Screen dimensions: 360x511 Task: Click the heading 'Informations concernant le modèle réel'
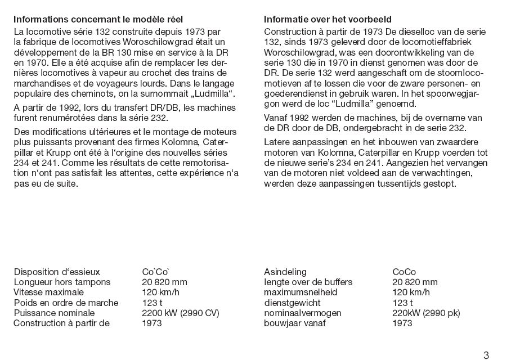coord(98,20)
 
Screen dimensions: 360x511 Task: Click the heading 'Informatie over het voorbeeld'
coord(328,20)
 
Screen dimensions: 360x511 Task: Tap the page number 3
coord(486,354)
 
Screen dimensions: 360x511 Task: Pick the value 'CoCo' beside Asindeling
coord(404,272)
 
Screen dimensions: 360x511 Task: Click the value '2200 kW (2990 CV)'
coord(181,313)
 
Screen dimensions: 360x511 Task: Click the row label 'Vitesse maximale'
coord(48,292)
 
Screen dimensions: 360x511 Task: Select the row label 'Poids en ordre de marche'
coord(66,303)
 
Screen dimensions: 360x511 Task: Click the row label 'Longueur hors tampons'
coord(62,282)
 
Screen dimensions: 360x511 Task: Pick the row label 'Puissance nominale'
coord(54,313)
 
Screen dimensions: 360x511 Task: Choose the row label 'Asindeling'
coord(285,272)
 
